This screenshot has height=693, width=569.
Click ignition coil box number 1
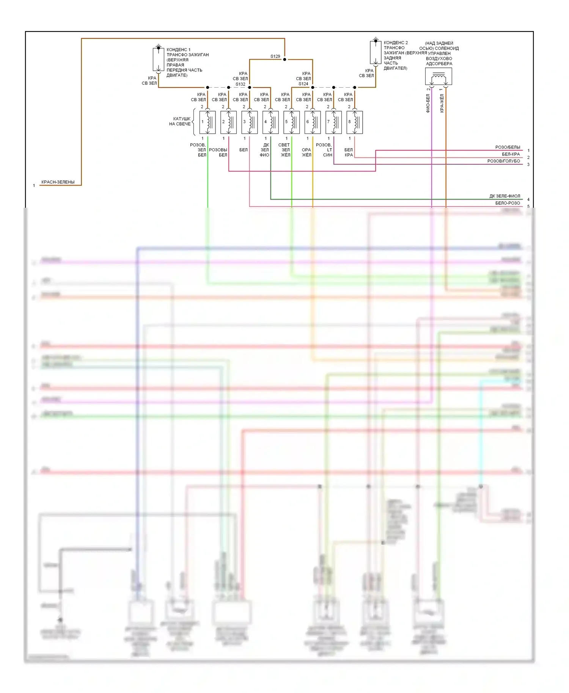coord(207,122)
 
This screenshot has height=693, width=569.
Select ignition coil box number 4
coord(270,122)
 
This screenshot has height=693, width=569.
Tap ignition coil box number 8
coord(355,122)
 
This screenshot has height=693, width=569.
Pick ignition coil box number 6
coord(313,122)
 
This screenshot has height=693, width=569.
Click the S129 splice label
coord(275,56)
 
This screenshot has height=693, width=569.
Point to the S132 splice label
coord(240,84)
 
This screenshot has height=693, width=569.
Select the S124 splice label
coord(303,84)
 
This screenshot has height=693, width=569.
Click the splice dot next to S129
coord(284,60)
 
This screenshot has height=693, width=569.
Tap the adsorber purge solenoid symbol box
coord(439,77)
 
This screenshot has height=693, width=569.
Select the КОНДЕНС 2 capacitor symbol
coord(376,52)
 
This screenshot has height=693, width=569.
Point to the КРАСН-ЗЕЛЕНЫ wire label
coord(58,182)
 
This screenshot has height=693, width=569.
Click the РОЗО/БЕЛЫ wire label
coord(508,147)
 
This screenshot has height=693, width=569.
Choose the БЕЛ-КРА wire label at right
coord(511,154)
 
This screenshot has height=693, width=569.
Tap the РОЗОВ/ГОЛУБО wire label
coord(503,161)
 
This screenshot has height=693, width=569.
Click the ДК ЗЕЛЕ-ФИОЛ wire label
coord(505,196)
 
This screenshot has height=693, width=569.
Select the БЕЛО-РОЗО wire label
coord(508,203)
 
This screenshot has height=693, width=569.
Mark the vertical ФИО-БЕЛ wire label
coord(428,103)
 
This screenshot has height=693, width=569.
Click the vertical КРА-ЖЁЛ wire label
coord(442,103)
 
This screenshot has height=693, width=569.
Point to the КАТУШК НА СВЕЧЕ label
coord(180,121)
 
